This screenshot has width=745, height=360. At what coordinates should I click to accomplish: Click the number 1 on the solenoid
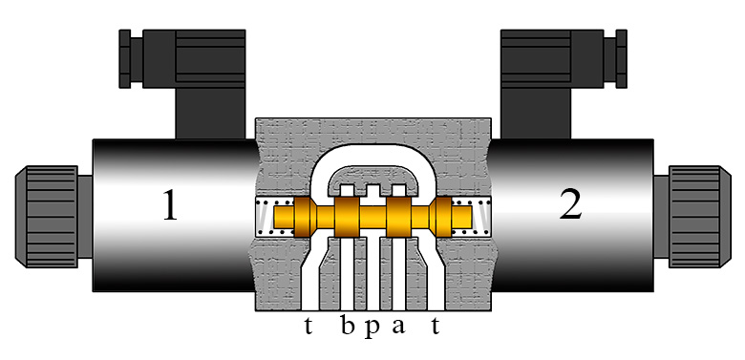[x=170, y=205]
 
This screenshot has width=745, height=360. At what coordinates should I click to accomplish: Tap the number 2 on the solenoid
[x=570, y=205]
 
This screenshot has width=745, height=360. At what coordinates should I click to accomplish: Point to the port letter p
[x=372, y=328]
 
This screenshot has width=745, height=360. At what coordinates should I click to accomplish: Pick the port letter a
[x=398, y=327]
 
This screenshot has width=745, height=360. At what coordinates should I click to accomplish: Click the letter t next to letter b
[x=309, y=326]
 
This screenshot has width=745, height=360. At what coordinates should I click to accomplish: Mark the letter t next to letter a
[x=435, y=326]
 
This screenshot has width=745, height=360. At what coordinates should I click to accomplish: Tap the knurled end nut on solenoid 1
[x=47, y=217]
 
